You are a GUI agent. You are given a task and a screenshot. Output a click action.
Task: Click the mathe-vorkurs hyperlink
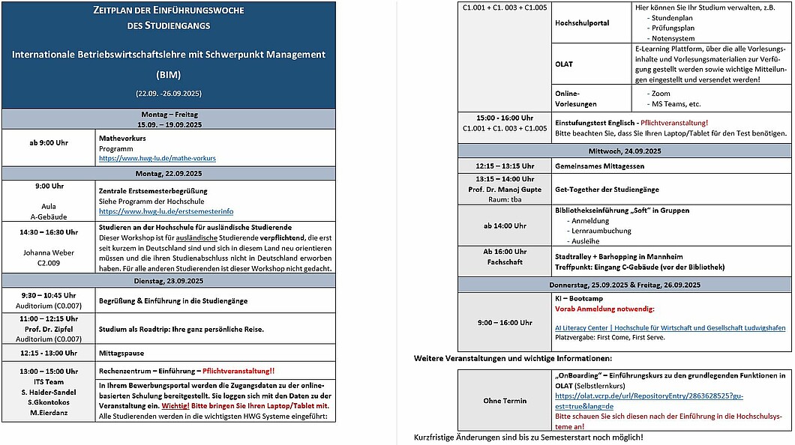157,158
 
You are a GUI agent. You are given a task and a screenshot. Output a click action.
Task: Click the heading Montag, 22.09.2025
169,173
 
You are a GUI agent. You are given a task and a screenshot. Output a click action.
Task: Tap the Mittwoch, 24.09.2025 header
625,151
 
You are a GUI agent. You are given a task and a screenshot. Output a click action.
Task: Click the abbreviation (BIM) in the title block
169,75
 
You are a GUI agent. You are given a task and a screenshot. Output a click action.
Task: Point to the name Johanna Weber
48,252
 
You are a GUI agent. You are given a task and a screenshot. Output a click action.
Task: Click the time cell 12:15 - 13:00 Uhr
48,353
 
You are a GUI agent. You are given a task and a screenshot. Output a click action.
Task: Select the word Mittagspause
121,353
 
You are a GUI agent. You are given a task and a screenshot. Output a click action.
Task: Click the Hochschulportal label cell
582,22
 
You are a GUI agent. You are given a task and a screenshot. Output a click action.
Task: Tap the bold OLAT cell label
564,64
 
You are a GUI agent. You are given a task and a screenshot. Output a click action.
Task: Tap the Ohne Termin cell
503,401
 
